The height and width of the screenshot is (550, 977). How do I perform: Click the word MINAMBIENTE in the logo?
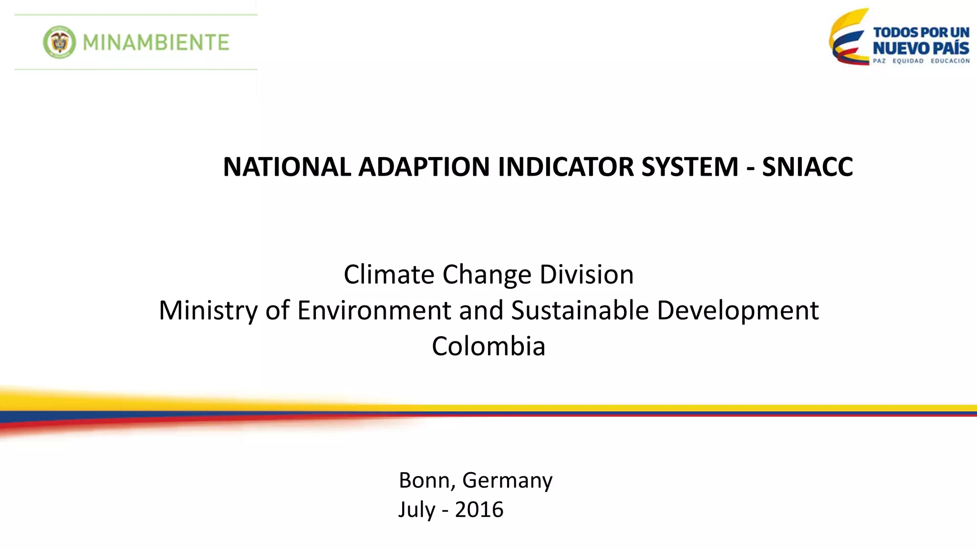pos(156,42)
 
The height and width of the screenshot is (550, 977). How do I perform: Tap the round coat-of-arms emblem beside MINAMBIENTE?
pos(59,42)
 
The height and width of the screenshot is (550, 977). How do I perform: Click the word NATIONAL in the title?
pos(287,167)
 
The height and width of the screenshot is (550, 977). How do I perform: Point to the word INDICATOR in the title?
pos(565,167)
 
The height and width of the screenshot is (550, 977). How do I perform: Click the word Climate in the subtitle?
pos(389,275)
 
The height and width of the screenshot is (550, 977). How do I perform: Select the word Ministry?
pos(208,311)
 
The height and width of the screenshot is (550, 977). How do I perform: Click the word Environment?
pos(374,310)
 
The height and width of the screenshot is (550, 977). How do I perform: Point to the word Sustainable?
pos(580,310)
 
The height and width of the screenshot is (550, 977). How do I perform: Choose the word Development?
pos(738,311)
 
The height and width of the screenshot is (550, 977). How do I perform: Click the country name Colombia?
pos(488,346)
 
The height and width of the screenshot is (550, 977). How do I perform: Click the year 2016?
pos(479,509)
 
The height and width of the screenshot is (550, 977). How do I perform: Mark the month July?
pos(416,510)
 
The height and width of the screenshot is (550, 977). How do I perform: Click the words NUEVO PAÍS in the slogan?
pos(921,48)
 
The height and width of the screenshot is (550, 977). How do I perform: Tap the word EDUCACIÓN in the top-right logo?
pos(950,61)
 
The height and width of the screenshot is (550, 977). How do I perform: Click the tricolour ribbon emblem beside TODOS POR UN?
pos(849,38)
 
